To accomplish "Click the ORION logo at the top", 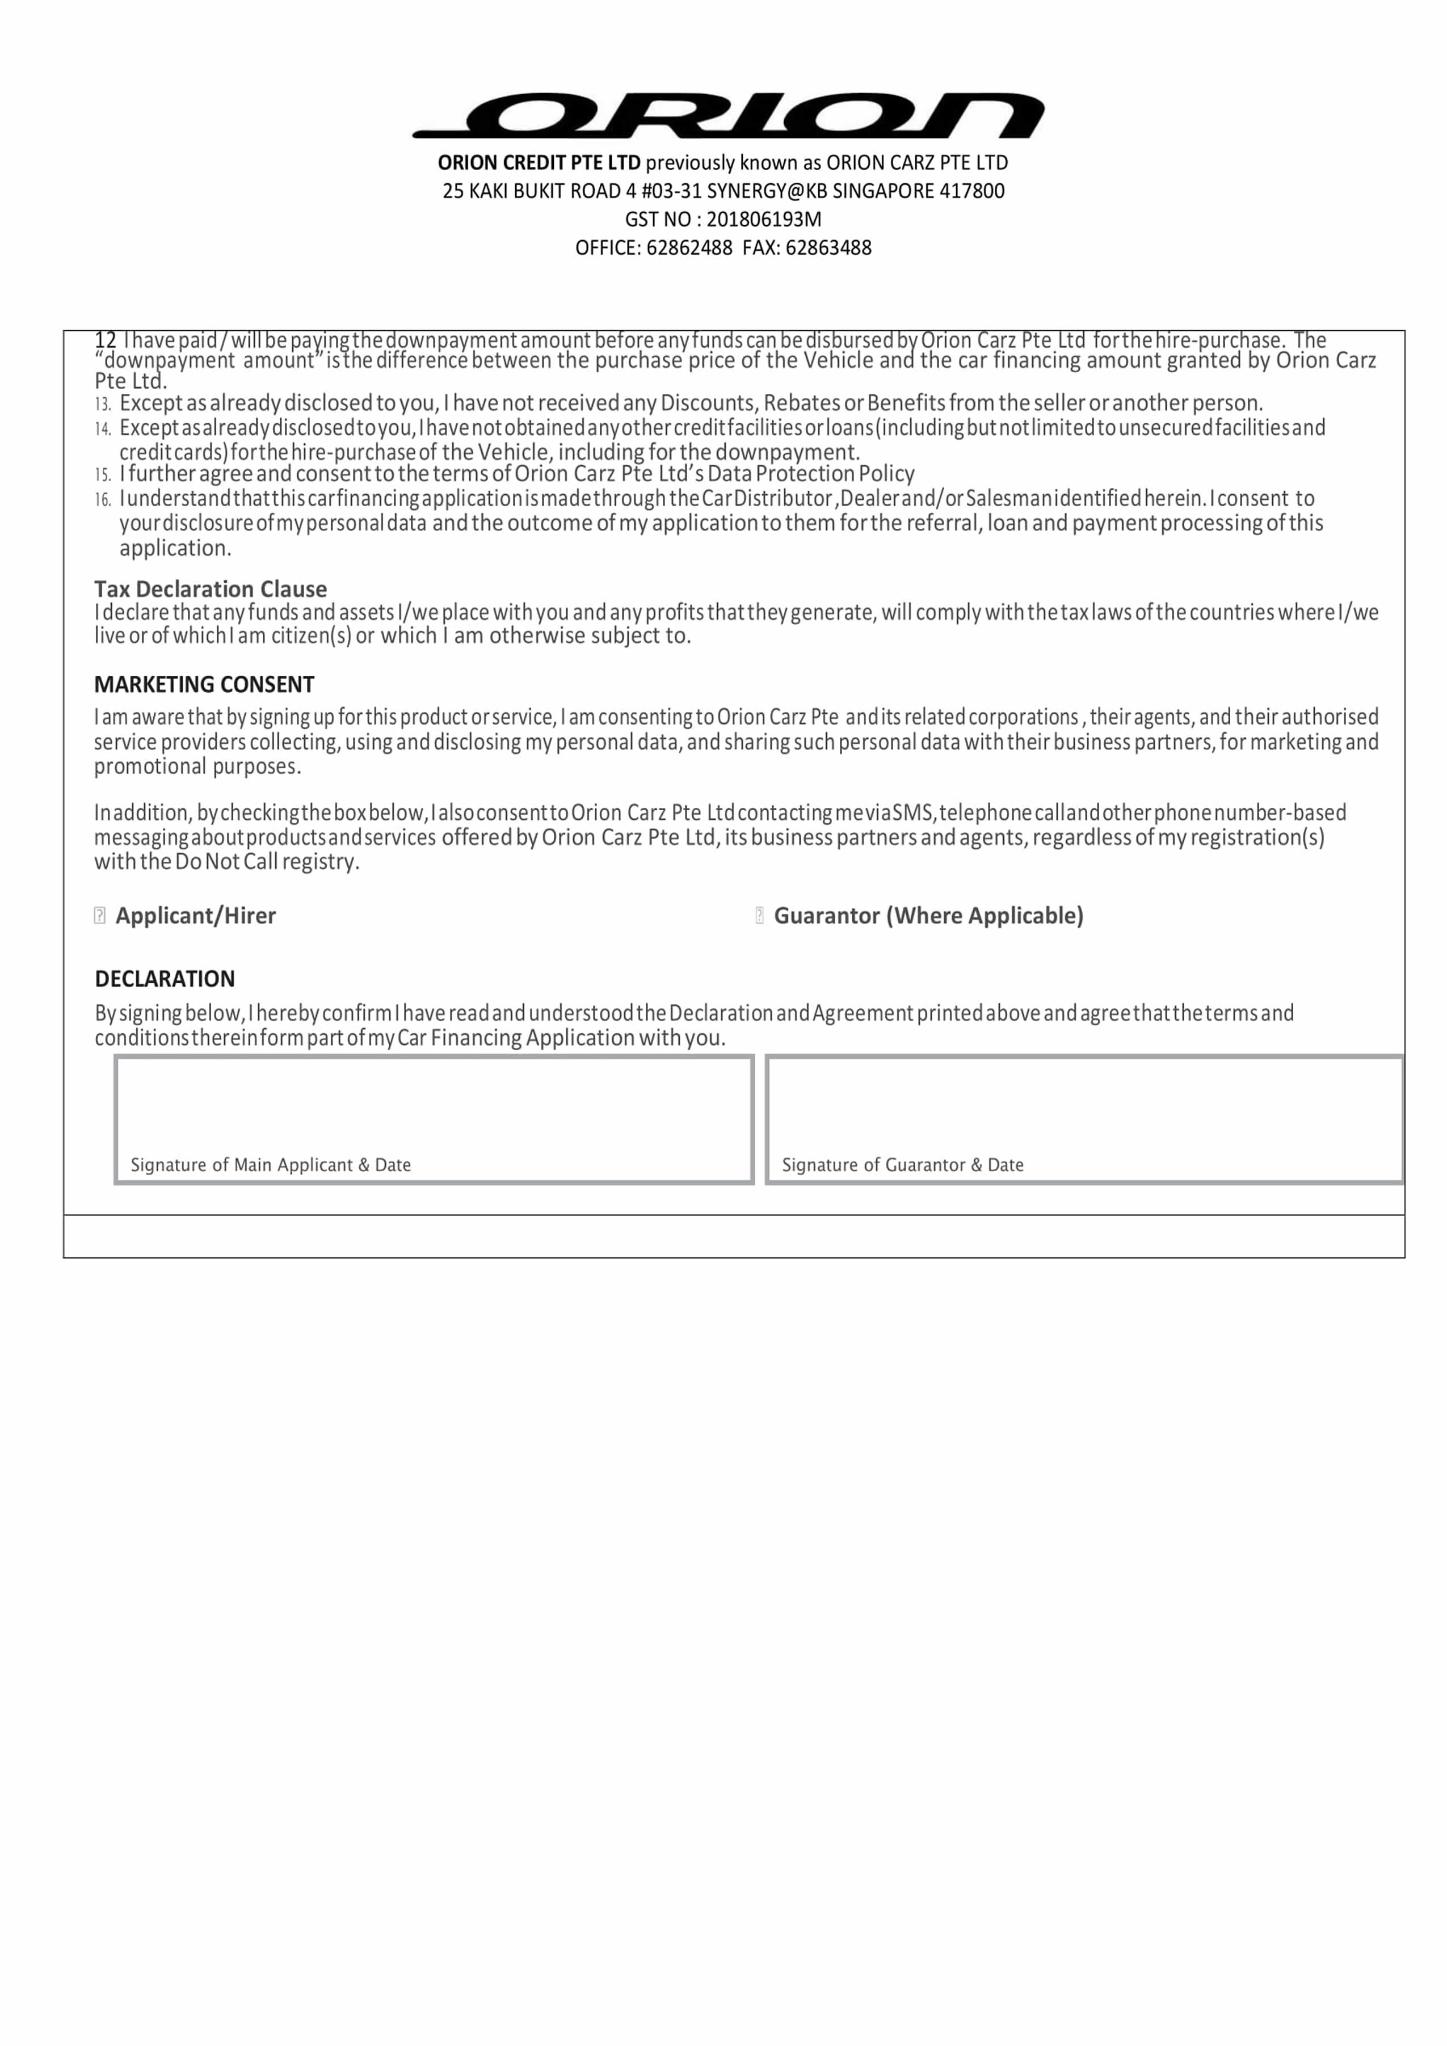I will click(x=728, y=115).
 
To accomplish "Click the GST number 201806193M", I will click(x=764, y=219).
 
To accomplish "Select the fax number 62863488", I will click(x=828, y=248).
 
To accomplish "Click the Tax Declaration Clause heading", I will click(x=211, y=589).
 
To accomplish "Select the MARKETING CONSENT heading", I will click(x=204, y=684).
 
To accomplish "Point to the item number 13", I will click(x=103, y=403).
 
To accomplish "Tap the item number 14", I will click(x=103, y=428).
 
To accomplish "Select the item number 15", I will click(x=103, y=475).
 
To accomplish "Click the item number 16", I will click(x=103, y=499).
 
